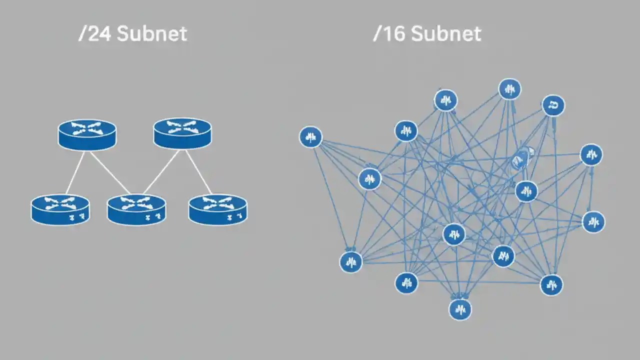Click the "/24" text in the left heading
(94, 33)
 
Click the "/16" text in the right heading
(388, 33)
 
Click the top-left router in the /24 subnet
(87, 134)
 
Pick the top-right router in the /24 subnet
(182, 133)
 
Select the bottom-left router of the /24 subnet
(60, 209)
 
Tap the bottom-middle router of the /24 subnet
(136, 209)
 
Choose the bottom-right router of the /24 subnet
(218, 209)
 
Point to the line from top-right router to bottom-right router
(198, 171)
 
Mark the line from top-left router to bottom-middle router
(110, 172)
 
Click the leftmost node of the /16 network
(310, 136)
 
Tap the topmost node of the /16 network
(509, 89)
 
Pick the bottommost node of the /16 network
(460, 309)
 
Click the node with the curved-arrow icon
(553, 105)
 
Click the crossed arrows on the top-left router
(86, 128)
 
